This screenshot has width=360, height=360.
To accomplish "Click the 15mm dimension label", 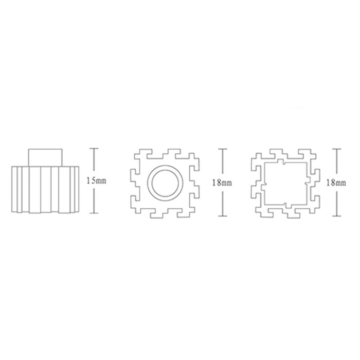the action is (97, 181).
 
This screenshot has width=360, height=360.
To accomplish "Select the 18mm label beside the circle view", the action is (222, 183).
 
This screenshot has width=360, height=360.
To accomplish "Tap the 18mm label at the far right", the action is (336, 183).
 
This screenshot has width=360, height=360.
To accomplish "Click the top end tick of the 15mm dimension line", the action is (94, 149).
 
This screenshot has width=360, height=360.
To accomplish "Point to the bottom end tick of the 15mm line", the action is (94, 213).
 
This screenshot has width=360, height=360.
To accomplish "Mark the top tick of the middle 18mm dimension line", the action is (223, 149).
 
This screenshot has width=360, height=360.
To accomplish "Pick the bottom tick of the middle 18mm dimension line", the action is (223, 216).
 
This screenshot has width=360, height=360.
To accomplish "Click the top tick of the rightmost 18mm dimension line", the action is (336, 149).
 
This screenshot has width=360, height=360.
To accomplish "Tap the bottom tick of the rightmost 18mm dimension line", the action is (336, 216).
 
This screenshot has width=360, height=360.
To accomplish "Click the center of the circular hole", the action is (165, 183).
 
